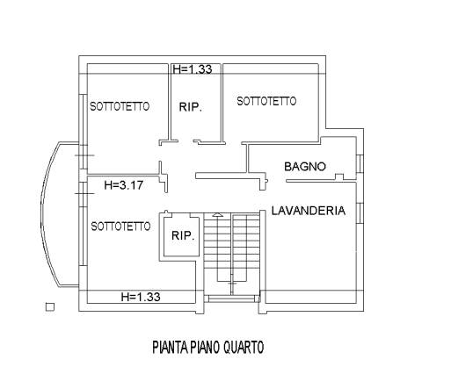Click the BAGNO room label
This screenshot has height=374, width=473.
point(305,167)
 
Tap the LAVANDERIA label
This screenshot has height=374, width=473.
point(309,211)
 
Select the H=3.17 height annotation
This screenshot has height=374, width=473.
point(123,185)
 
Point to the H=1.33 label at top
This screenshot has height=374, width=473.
point(193,69)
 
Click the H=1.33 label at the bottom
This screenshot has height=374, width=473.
point(141,297)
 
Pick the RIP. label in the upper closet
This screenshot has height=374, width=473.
point(191,107)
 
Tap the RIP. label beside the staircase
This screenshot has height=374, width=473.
point(183,235)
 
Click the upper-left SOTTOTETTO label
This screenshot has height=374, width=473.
point(120,106)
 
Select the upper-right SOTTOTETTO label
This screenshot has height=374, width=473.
point(266,101)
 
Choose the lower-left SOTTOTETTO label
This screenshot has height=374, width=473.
point(120,227)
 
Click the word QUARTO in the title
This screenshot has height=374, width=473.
point(244,347)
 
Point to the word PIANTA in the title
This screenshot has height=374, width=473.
point(171,347)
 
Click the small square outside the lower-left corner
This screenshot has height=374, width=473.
point(50,307)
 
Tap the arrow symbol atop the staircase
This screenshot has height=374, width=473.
point(217,215)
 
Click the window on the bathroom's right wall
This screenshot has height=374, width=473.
point(360,164)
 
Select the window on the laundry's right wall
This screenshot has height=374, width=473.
point(360,213)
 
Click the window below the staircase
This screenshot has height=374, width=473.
point(232,298)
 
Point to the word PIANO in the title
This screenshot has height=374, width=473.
point(205,347)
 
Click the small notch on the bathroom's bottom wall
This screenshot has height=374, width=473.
point(339,176)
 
